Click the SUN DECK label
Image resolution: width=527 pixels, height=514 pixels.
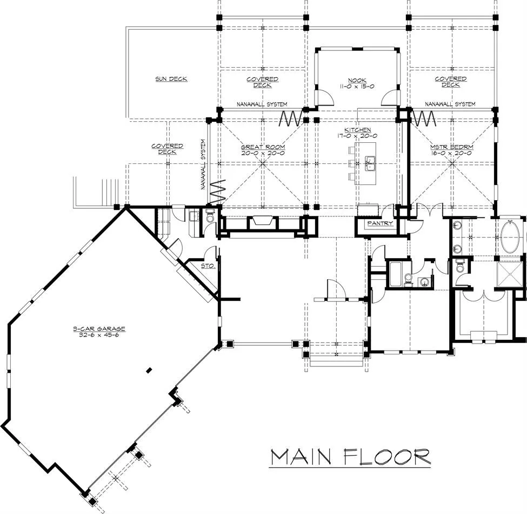171,78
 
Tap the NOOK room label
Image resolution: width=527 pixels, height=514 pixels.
357,81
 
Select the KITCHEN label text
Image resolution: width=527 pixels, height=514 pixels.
358,130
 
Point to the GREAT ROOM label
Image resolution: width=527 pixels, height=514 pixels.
263,147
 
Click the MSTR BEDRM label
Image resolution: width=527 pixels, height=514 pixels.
452,147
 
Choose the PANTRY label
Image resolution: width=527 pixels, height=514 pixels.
380,223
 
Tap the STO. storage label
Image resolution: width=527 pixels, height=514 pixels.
208,266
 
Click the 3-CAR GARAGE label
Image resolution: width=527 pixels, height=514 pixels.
99,328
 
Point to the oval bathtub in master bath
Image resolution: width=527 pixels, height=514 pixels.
512,237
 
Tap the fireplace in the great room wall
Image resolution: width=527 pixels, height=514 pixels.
263,221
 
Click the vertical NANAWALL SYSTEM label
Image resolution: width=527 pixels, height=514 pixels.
203,164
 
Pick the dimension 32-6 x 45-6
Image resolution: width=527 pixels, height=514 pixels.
99,335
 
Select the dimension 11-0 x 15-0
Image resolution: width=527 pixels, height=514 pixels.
357,87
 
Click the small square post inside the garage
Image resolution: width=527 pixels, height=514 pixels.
149,371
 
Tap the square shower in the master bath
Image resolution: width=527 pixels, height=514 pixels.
510,274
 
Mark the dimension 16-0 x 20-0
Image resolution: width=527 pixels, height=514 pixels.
452,153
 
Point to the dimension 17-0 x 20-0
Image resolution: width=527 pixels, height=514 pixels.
358,136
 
